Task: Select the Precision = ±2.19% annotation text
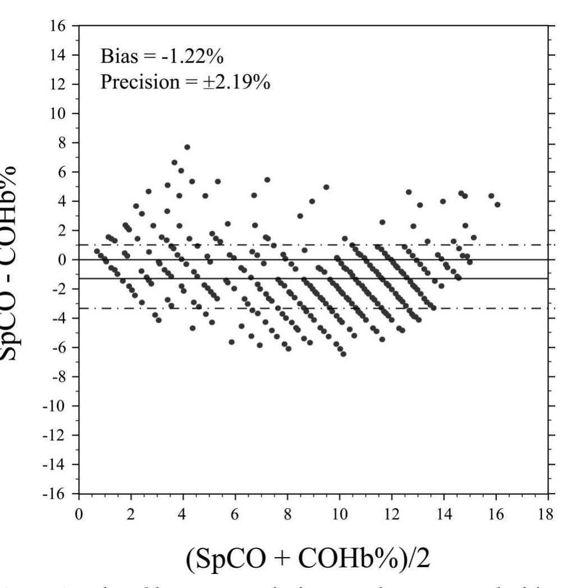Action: pos(185,83)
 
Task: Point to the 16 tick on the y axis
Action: pos(60,26)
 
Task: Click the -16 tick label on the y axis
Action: pos(57,494)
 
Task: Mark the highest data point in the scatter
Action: pos(187,147)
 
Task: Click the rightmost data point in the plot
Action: pos(497,204)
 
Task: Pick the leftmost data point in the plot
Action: pos(97,251)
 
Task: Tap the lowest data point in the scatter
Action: pos(343,354)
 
